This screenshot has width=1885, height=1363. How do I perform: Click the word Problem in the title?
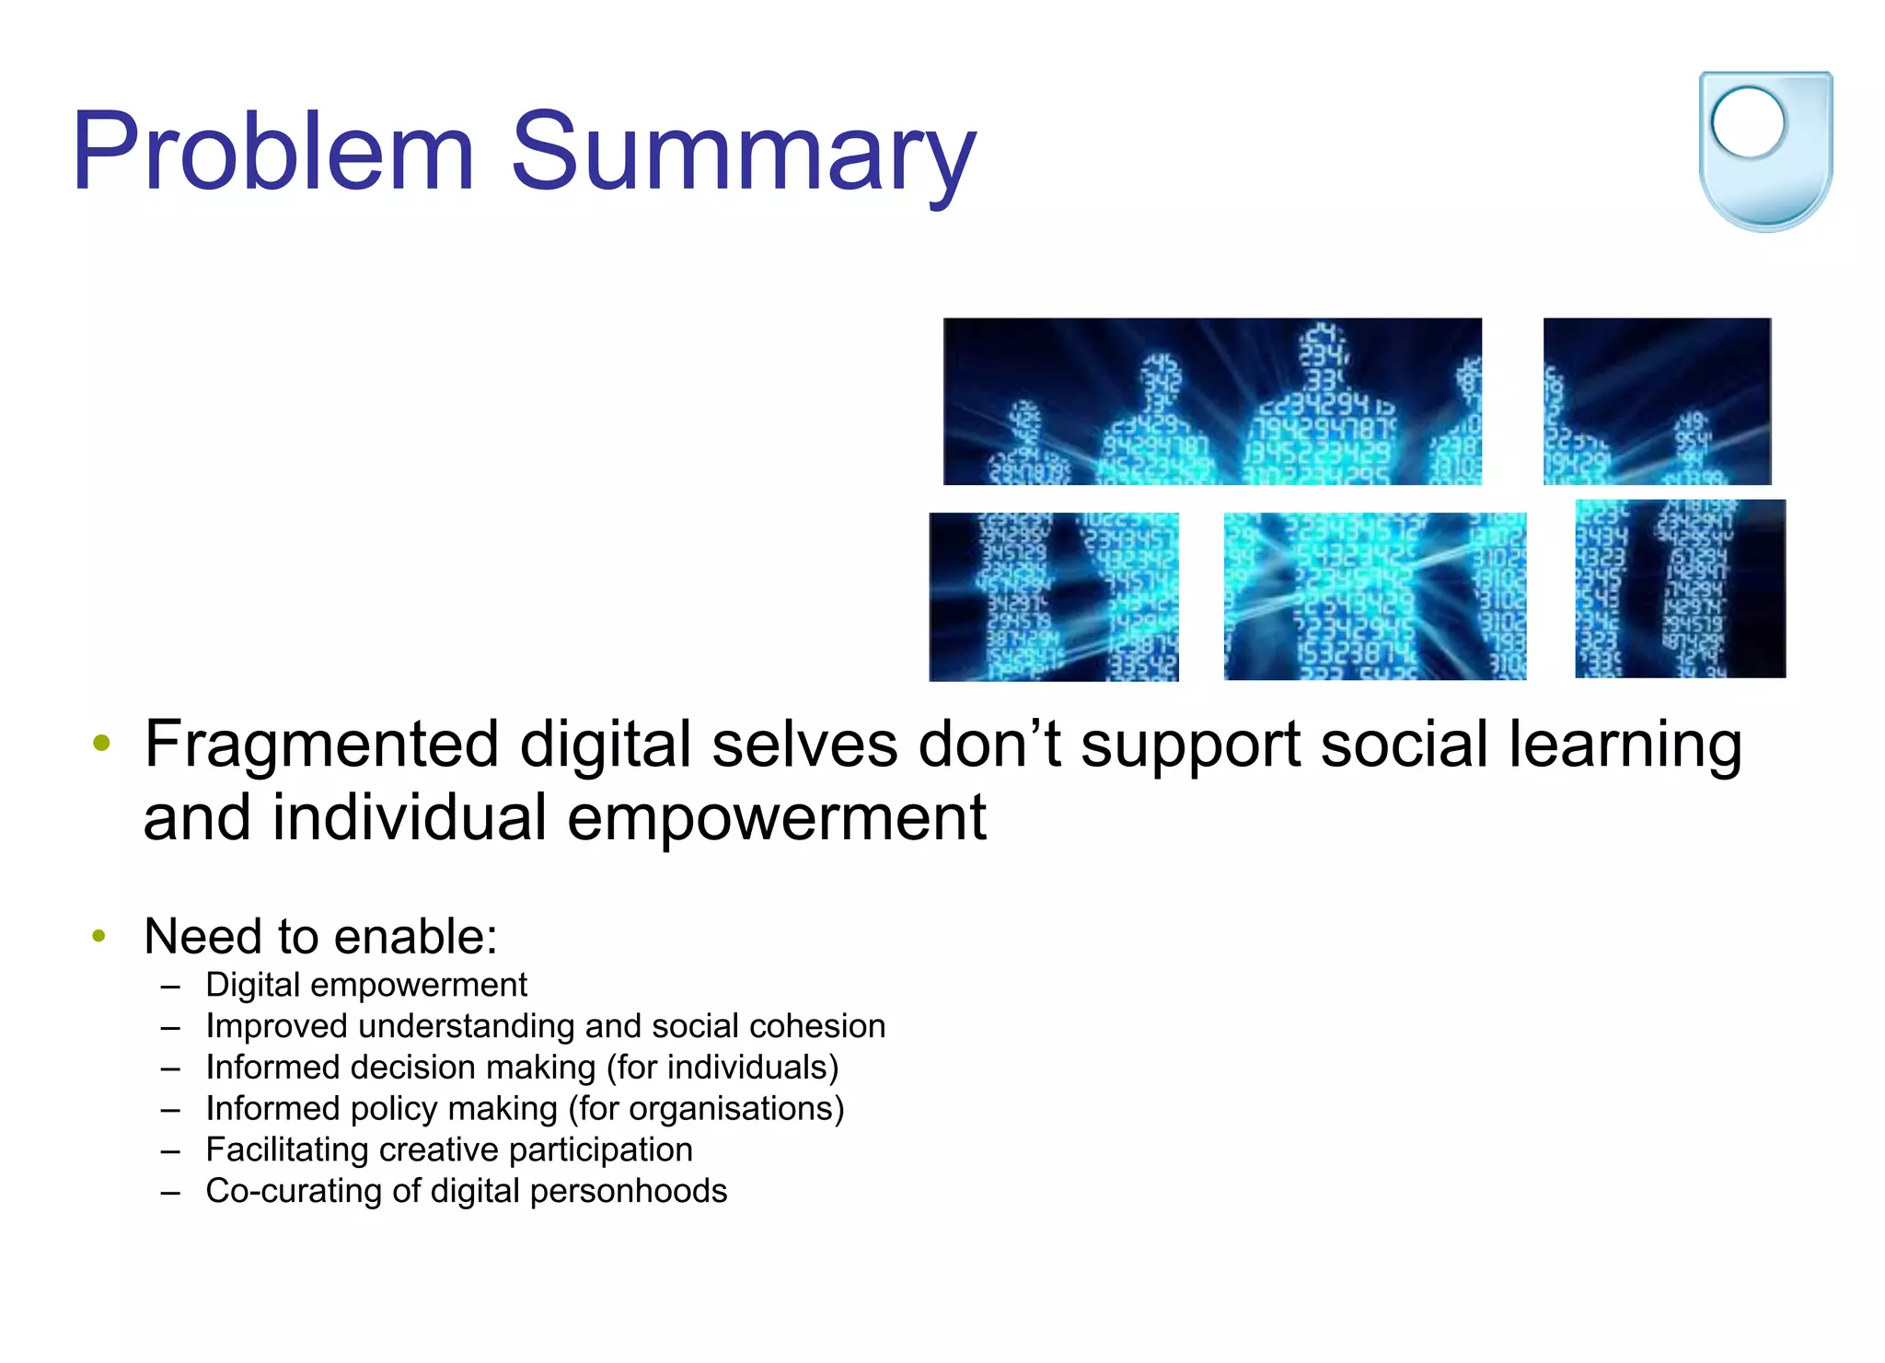273,152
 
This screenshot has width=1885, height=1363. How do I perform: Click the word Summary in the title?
742,152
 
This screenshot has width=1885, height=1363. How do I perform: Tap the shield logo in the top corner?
1764,152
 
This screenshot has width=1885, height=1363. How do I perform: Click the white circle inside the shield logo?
1748,123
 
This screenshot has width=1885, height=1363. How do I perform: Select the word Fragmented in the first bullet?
321,745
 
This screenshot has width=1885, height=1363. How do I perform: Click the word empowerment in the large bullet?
776,818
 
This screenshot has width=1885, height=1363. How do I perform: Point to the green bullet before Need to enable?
100,937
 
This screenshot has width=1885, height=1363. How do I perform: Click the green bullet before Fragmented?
101,742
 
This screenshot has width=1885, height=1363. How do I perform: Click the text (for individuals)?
723,1068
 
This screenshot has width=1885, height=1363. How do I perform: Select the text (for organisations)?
706,1109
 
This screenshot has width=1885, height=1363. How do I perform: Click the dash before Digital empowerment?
169,986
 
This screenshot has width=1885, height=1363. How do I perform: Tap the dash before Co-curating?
169,1192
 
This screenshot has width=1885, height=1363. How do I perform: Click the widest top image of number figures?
1212,401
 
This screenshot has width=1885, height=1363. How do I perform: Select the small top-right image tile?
1657,401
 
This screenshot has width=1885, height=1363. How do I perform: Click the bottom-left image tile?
1053,596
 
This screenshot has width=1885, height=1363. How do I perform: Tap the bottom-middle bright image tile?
1374,596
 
